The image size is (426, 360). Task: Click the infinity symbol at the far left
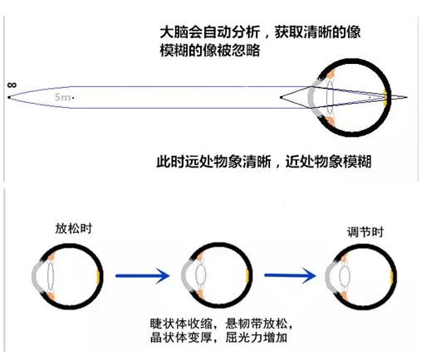point(12,85)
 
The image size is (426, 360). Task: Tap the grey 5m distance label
point(62,97)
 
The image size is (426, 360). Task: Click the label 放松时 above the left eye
point(74,229)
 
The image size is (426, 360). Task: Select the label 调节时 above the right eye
point(365,231)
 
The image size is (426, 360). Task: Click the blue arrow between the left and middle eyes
point(143,275)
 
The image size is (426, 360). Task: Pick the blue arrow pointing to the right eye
point(290,275)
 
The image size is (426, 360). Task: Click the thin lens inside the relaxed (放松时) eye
point(50,275)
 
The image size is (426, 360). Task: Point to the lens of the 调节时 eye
point(345,276)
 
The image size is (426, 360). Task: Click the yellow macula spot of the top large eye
point(385,98)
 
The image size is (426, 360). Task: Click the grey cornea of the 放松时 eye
point(36,276)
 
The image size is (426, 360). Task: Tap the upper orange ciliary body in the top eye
point(331,75)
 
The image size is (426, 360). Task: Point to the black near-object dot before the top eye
point(281,97)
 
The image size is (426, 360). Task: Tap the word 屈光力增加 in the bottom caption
point(256,338)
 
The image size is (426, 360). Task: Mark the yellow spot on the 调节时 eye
point(391,276)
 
